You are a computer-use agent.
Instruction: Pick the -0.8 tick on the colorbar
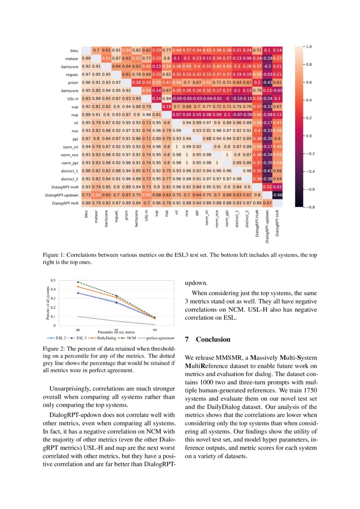[309, 207]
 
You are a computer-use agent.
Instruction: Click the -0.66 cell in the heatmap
[278, 195]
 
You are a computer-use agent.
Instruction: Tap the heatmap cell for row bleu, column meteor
[96, 51]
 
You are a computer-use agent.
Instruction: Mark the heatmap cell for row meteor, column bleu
[86, 58]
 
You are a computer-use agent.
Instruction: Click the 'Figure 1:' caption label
[54, 256]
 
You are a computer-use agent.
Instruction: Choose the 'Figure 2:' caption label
[54, 349]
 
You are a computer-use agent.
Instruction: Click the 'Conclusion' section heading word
[213, 339]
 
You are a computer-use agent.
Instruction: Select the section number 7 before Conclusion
[187, 339]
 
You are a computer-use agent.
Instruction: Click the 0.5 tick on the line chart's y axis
[53, 280]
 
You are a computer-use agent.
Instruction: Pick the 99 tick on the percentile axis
[155, 330]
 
